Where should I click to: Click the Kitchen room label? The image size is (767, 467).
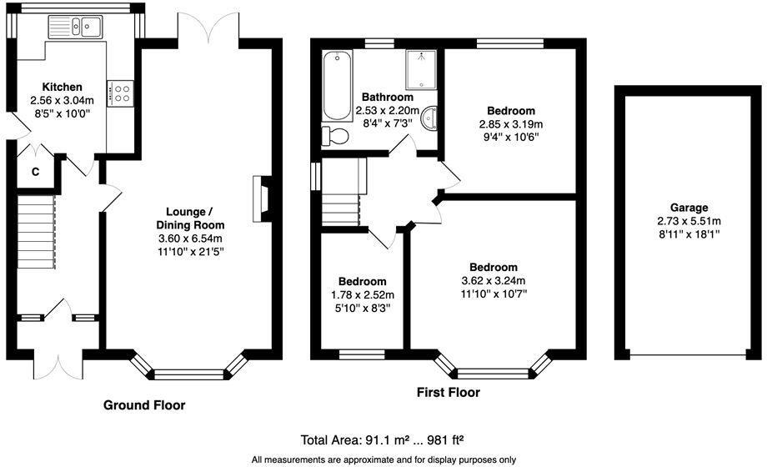[63, 87]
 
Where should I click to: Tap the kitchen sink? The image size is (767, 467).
[75, 27]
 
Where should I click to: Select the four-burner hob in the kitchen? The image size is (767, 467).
[120, 93]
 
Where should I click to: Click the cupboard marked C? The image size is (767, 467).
[35, 172]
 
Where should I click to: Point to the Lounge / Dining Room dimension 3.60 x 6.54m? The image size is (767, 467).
[190, 239]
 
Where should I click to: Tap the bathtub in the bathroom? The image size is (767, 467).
[337, 85]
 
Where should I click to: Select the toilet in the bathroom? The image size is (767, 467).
[334, 136]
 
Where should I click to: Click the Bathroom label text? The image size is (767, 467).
[388, 97]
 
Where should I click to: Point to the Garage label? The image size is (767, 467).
[689, 208]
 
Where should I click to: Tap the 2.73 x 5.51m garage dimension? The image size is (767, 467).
[689, 221]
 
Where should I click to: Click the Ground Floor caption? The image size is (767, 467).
[144, 405]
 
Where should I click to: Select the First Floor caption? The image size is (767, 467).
[449, 393]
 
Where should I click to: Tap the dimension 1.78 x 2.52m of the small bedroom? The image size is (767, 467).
[363, 295]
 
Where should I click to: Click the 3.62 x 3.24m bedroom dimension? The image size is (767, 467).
[494, 280]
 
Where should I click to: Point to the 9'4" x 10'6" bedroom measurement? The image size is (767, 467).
[511, 137]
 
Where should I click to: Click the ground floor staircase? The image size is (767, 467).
[36, 232]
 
